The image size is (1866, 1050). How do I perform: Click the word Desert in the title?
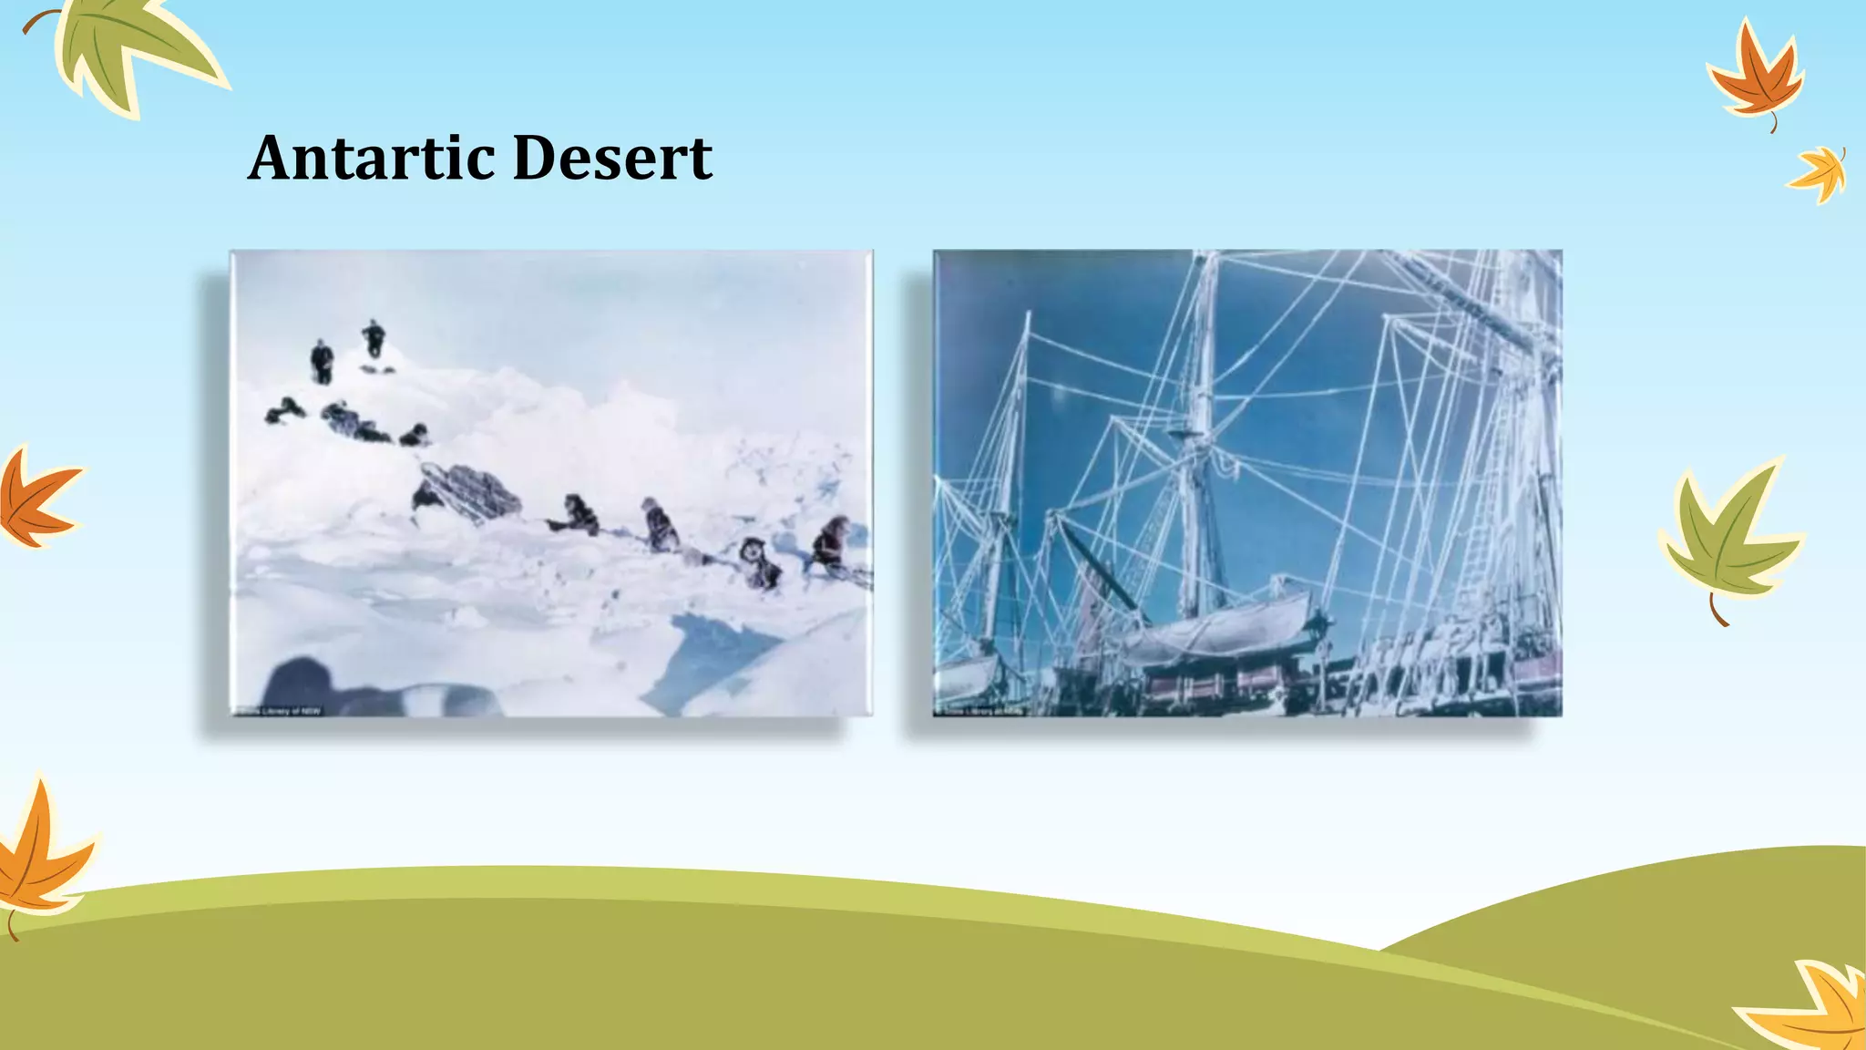tap(612, 158)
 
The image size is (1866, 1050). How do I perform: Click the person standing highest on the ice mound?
tap(373, 338)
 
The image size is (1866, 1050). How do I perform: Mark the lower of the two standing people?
tap(322, 361)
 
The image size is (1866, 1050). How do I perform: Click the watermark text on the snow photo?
tap(278, 710)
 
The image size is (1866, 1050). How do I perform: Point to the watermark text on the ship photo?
tap(979, 710)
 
